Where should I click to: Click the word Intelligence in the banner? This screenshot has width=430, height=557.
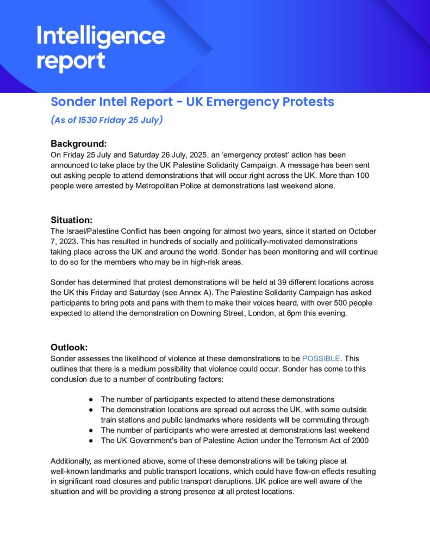point(101,37)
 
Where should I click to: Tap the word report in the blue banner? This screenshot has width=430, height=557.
point(71,61)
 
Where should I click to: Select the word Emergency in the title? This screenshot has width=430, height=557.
point(242,102)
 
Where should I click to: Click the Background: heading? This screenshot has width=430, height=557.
point(78,144)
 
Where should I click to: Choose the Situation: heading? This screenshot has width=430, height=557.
point(72,220)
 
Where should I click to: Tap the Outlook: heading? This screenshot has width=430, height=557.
point(70,347)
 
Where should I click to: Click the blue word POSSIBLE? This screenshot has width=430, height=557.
point(321,358)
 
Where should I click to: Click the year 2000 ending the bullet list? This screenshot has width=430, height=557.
point(359,440)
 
